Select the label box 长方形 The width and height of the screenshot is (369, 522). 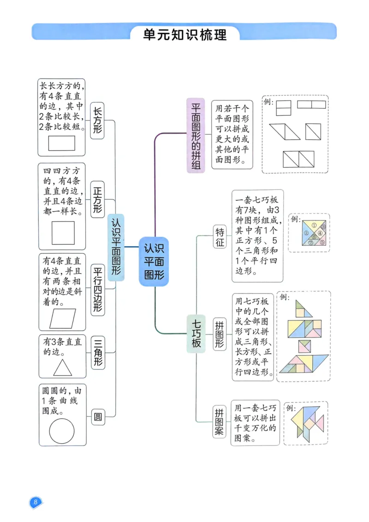[97, 120]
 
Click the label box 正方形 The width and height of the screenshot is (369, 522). [97, 199]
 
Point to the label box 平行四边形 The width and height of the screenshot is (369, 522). [97, 289]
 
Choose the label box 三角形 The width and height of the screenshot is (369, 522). [97, 353]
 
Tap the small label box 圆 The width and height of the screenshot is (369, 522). [97, 417]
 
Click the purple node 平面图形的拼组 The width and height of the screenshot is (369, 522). [196, 136]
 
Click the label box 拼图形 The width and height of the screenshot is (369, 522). [220, 334]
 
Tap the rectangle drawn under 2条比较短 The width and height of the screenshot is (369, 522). [62, 143]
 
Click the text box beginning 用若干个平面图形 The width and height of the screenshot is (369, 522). [232, 134]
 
